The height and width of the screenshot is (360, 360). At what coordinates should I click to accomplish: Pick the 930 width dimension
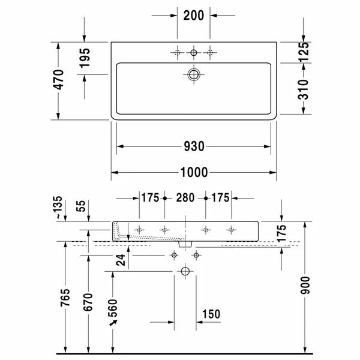pos(194,146)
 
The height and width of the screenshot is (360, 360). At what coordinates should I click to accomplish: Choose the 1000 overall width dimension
pos(194,173)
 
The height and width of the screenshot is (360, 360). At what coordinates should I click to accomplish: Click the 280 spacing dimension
pos(185,197)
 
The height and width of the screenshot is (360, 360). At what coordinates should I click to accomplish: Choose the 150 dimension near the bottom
pos(212,313)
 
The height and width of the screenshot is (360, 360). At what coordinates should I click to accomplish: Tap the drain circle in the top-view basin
pos(194,74)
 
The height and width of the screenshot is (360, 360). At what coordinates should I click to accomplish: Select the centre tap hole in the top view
pos(194,53)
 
